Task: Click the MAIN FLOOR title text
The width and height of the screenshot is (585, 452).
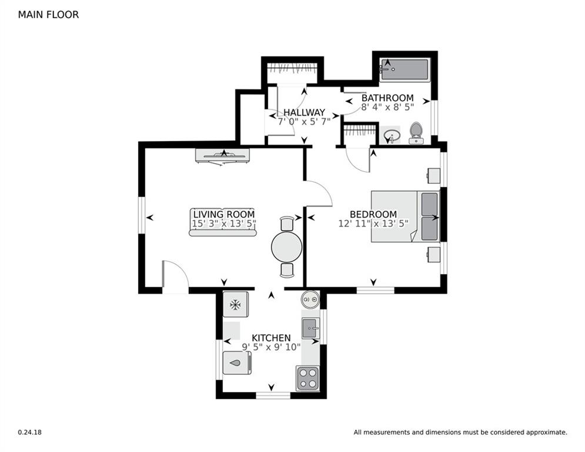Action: click(x=48, y=15)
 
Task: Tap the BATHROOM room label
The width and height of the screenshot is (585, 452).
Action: click(x=387, y=98)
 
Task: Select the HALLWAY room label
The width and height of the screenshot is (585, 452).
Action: click(x=304, y=112)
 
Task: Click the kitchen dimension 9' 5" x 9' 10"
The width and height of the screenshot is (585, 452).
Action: click(x=271, y=347)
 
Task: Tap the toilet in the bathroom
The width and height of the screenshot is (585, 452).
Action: click(x=416, y=133)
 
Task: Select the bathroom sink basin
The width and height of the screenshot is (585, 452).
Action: click(x=390, y=137)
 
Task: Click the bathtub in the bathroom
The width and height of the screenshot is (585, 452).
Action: click(x=405, y=70)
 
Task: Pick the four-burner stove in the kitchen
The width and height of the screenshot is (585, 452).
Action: click(x=307, y=378)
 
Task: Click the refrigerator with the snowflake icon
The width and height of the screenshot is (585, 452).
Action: click(x=236, y=305)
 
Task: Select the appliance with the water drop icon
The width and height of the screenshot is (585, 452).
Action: click(x=236, y=363)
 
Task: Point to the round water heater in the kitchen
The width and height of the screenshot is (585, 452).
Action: click(x=310, y=300)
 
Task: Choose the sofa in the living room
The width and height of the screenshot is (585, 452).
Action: click(x=223, y=222)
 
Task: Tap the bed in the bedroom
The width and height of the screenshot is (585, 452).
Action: click(x=405, y=215)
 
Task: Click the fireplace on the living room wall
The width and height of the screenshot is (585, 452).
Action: click(x=222, y=155)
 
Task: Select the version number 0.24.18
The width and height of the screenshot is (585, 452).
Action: click(x=29, y=433)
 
